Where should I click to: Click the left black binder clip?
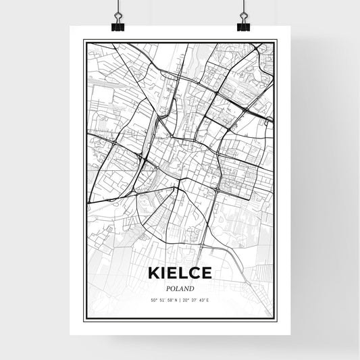[119, 26]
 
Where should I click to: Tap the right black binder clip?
[242, 26]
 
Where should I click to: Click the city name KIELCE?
[179, 274]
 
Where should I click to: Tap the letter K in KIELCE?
[151, 274]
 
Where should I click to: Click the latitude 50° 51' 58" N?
[162, 301]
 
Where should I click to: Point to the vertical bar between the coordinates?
[180, 301]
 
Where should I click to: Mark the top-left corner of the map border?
[84, 40]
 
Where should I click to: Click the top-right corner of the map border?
[276, 40]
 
